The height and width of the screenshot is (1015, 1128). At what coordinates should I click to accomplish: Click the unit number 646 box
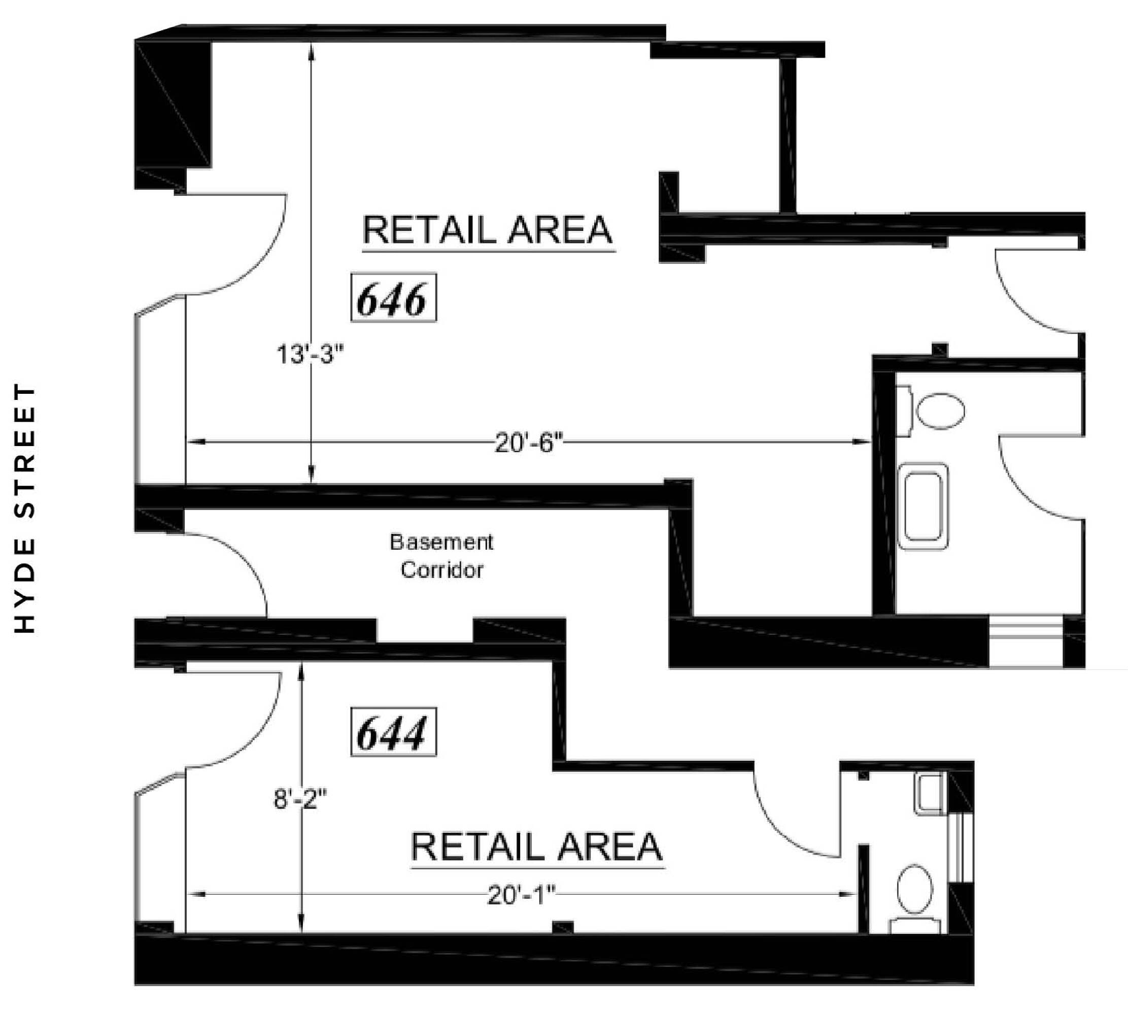393,297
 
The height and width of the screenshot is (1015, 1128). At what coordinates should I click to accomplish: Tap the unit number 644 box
393,732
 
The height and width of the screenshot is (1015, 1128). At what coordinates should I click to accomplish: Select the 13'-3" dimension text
310,354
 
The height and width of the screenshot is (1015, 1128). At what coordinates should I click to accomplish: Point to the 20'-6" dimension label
529,444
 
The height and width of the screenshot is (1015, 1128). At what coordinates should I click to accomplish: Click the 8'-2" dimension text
300,799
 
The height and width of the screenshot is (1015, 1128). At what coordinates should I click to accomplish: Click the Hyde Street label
25,507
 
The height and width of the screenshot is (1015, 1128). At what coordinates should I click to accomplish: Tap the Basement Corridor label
441,556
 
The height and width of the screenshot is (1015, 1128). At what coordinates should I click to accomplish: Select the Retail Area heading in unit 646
489,230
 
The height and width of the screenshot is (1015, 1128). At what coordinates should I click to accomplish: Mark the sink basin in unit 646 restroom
924,506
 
